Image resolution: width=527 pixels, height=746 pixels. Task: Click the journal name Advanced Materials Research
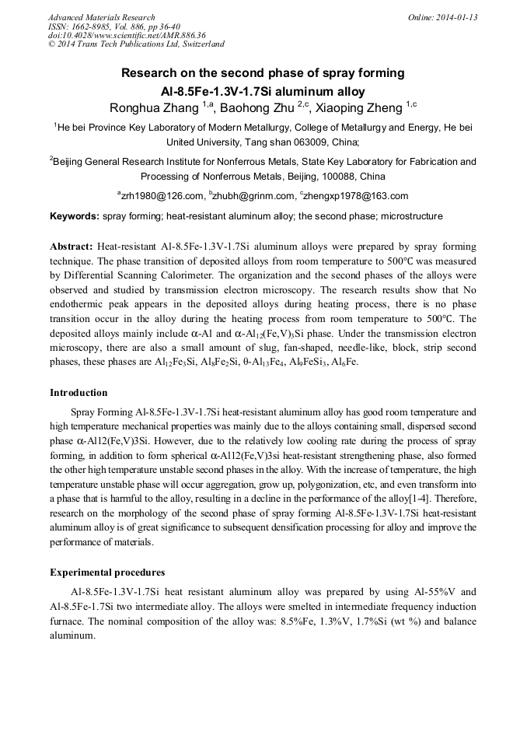coord(101,17)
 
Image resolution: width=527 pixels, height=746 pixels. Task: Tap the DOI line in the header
coord(126,36)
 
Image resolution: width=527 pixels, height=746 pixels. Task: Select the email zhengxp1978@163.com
coord(356,196)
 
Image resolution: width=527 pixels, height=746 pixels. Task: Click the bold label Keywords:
coord(75,216)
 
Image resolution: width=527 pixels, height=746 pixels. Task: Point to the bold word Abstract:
coord(72,244)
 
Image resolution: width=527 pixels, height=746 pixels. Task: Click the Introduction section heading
coord(79,393)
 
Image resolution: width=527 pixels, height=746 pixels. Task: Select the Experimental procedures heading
coord(107,573)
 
